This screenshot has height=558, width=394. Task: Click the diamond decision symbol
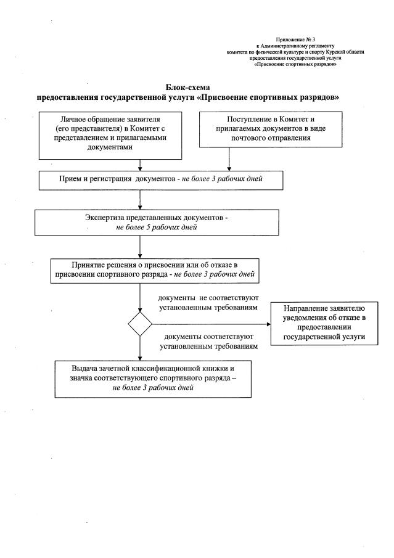coord(140,324)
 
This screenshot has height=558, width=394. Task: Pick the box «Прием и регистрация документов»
coord(161,179)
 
